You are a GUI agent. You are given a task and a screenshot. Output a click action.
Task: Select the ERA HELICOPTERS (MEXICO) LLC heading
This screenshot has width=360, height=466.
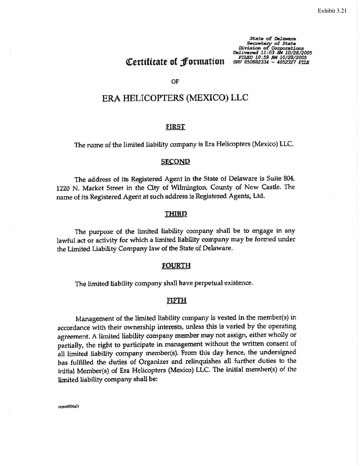(x=176, y=98)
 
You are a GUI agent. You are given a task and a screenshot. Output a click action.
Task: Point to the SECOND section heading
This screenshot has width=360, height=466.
(x=176, y=161)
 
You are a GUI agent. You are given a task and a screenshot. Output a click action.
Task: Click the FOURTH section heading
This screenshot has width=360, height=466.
(x=176, y=265)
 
